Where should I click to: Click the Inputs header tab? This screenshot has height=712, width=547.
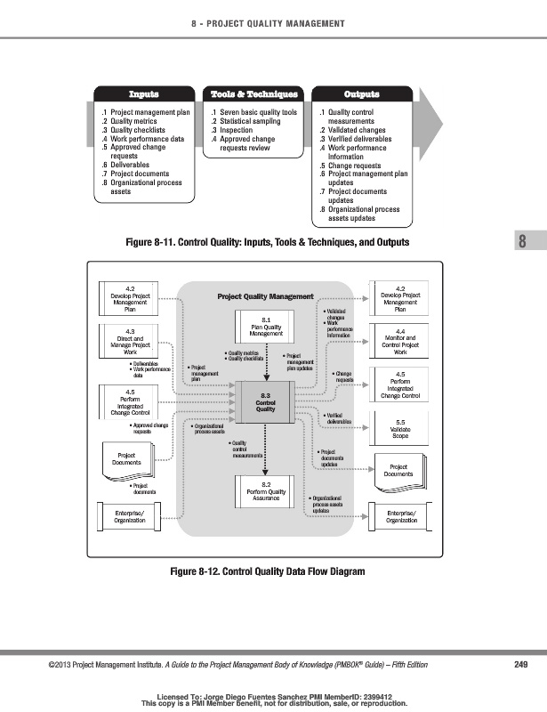point(144,93)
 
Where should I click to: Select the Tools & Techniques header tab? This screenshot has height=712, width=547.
point(253,93)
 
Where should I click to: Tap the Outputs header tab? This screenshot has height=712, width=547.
point(361,93)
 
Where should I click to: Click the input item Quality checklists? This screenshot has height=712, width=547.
point(143,131)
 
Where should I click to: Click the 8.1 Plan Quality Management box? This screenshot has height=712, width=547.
point(265,326)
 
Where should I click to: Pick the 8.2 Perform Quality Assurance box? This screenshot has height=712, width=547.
point(265,490)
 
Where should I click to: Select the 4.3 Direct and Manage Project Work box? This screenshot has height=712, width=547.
point(130,342)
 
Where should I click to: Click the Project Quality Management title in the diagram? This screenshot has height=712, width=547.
point(266,296)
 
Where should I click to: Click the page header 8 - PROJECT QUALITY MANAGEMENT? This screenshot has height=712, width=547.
point(273,23)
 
